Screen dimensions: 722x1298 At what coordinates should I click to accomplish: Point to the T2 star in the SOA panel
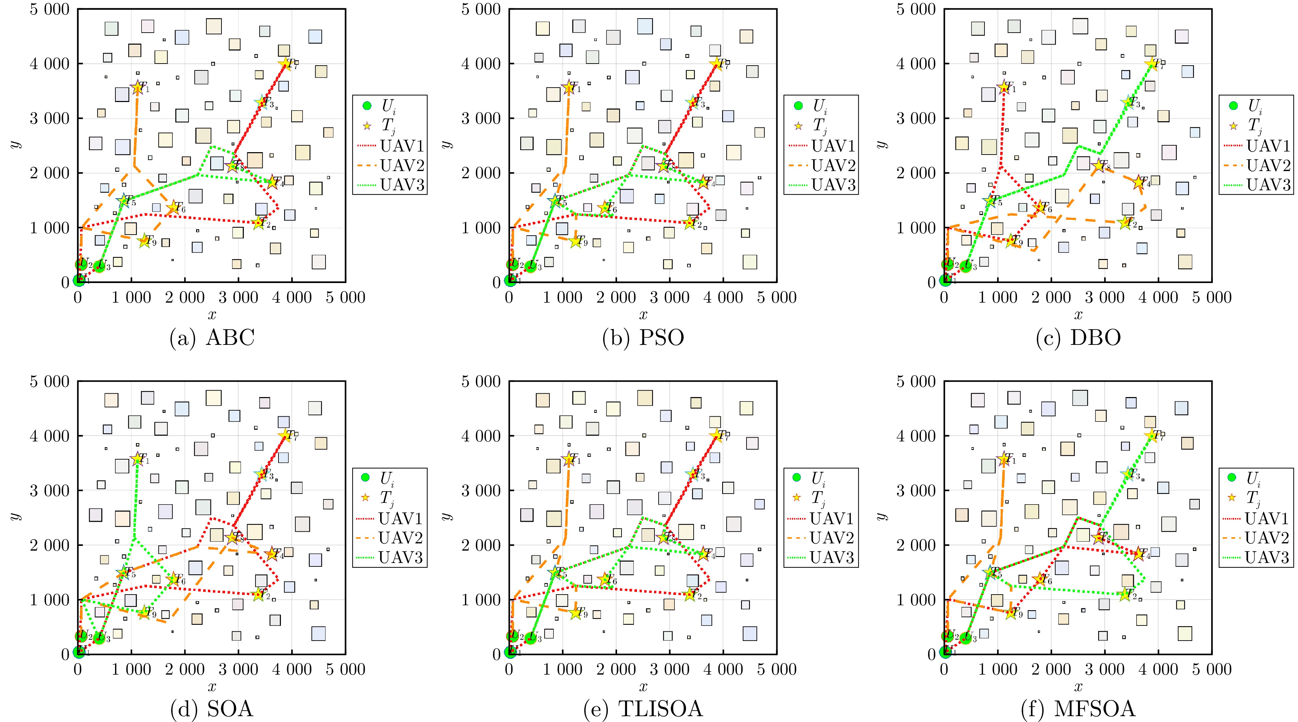point(259,595)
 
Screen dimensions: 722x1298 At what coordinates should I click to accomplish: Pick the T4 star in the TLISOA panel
point(703,554)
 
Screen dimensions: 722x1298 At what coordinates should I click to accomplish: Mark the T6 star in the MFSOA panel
point(1039,579)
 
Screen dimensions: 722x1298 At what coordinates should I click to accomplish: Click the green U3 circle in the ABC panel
point(99,266)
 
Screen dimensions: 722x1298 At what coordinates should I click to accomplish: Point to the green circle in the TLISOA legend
point(797,477)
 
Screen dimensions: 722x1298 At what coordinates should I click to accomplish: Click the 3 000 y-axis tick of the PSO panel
point(481,119)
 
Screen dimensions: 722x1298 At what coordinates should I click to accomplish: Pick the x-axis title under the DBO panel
point(1078,315)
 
